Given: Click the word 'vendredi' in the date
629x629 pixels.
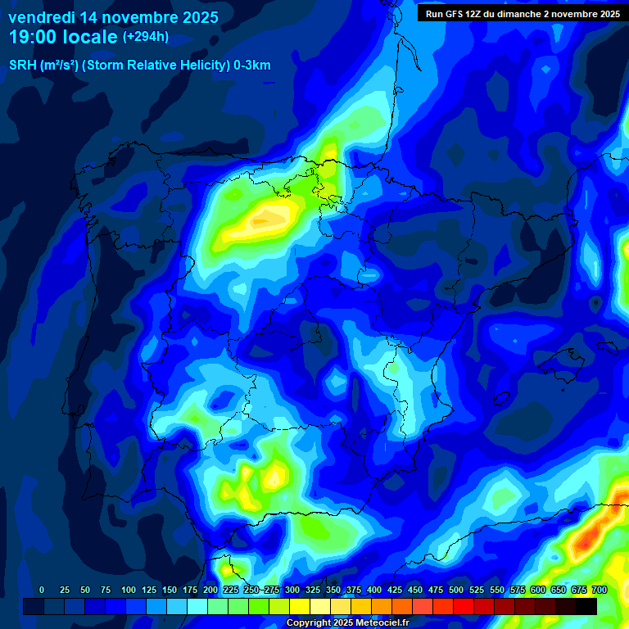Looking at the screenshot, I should pyautogui.click(x=41, y=17).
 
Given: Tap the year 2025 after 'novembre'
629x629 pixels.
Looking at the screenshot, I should pyautogui.click(x=195, y=17).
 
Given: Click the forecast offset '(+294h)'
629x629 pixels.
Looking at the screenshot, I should pyautogui.click(x=146, y=37).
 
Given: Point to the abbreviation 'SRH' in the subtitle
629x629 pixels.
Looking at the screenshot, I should pyautogui.click(x=23, y=66).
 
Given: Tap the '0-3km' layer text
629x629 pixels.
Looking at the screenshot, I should pyautogui.click(x=252, y=66).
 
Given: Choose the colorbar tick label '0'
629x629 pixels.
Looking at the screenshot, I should pyautogui.click(x=42, y=590).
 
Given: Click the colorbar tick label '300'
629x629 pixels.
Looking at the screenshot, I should pyautogui.click(x=292, y=590).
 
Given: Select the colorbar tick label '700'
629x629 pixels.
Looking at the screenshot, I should pyautogui.click(x=600, y=590).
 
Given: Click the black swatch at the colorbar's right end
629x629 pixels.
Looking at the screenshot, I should pyautogui.click(x=586, y=606).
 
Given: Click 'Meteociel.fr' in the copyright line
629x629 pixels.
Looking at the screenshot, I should pyautogui.click(x=381, y=623).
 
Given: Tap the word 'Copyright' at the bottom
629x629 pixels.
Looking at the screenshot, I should pyautogui.click(x=309, y=623).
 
